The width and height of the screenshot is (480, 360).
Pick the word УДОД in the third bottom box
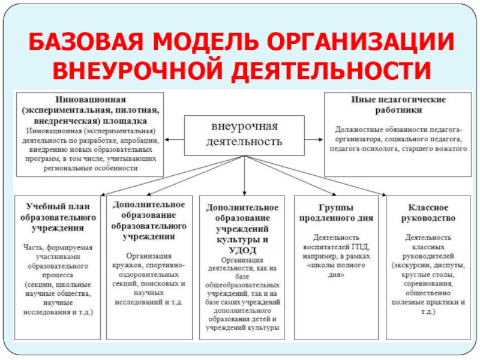tap(243, 250)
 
